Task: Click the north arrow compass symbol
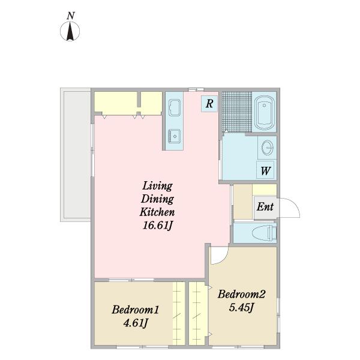tap(70, 31)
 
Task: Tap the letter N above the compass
tap(71, 16)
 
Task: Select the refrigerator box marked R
tap(209, 104)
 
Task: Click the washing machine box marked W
tap(265, 170)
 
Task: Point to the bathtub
tap(264, 113)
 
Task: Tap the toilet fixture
tap(264, 233)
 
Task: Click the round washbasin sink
tap(268, 148)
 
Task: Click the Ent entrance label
tap(265, 206)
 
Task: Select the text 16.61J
tap(157, 225)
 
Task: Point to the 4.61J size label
tap(135, 323)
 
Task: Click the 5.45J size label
tap(241, 307)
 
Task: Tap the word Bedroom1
tap(135, 310)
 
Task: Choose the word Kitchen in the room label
tap(157, 212)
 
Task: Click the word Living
tap(157, 186)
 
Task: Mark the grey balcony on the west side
tap(76, 155)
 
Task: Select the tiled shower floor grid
tap(237, 112)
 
